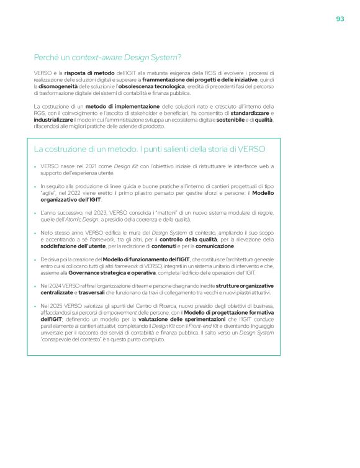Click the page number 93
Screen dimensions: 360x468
click(x=340, y=19)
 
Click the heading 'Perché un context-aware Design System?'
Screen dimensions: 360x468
click(x=107, y=58)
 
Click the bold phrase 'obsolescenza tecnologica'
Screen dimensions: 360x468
click(x=151, y=87)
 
